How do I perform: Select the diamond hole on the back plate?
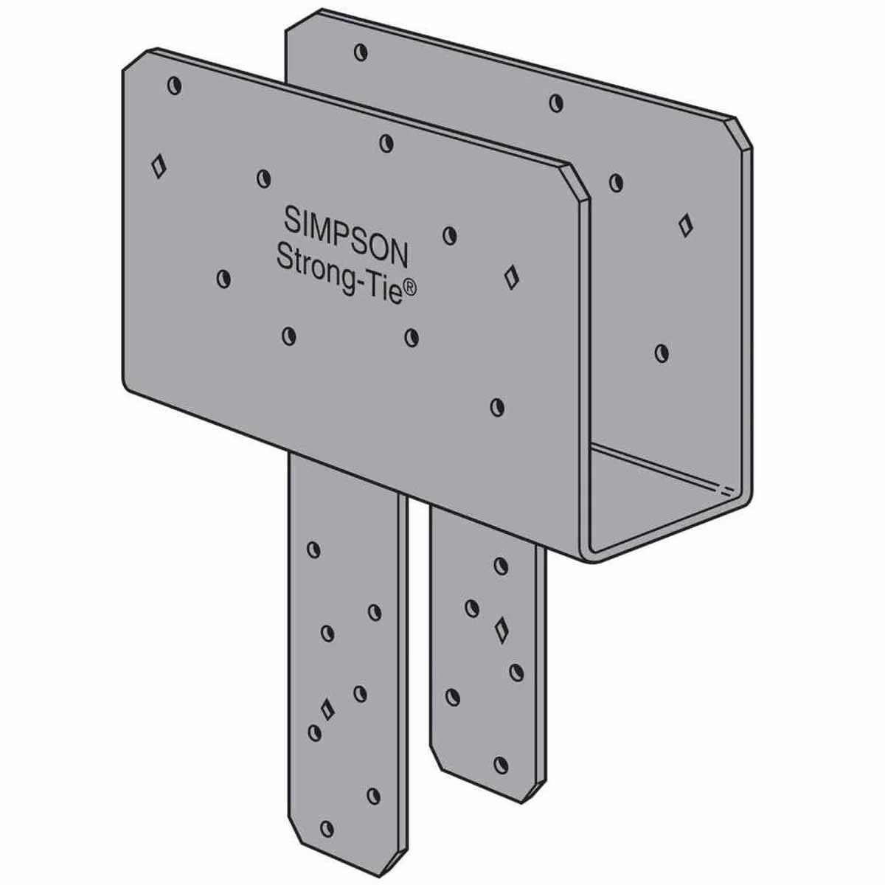tap(686, 225)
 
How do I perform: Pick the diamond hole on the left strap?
tap(327, 709)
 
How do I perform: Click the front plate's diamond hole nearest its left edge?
tap(157, 165)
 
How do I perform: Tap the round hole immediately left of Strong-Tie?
tap(223, 279)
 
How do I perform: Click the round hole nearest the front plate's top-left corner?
tap(175, 86)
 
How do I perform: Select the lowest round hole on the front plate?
tap(498, 406)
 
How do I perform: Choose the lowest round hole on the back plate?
tap(662, 353)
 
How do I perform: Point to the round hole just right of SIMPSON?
tap(450, 235)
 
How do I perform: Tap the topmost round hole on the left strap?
tap(313, 549)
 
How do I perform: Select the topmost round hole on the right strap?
tap(501, 566)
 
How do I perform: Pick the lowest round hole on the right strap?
tap(502, 763)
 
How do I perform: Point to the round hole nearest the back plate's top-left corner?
tap(360, 52)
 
